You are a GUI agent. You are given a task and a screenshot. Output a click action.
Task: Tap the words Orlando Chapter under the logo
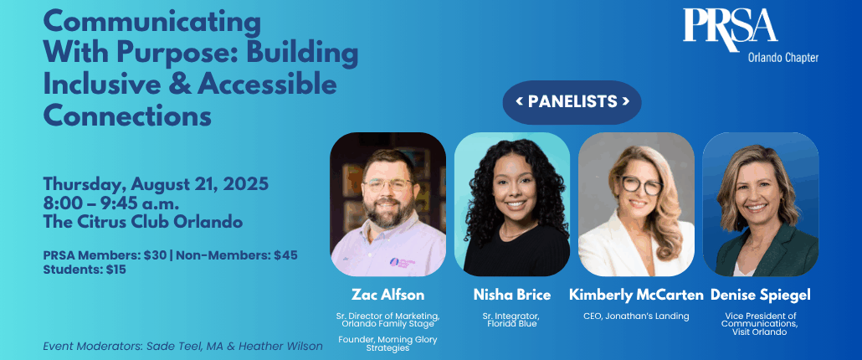(782, 58)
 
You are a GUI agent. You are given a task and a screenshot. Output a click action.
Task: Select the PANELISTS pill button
(572, 101)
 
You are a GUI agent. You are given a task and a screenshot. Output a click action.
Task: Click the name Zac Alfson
(387, 296)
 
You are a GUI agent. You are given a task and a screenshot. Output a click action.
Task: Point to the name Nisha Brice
(512, 296)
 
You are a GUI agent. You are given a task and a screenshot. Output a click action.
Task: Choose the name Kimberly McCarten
(636, 296)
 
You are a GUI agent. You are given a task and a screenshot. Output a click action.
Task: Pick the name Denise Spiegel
(760, 296)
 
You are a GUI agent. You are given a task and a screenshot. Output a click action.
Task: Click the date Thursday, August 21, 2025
(156, 184)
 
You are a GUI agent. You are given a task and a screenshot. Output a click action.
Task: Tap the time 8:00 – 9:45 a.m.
(111, 203)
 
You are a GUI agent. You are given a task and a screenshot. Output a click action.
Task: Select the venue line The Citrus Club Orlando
(143, 223)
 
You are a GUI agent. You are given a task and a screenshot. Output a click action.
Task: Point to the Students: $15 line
(85, 270)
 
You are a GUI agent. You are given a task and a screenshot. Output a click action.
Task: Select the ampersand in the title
(185, 84)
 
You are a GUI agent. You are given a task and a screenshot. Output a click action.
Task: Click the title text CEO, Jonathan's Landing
(636, 316)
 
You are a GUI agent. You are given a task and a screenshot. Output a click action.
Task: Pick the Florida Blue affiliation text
(512, 324)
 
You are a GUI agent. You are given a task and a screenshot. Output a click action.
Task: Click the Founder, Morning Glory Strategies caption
(387, 343)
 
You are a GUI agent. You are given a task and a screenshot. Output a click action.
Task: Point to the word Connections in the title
(127, 116)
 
